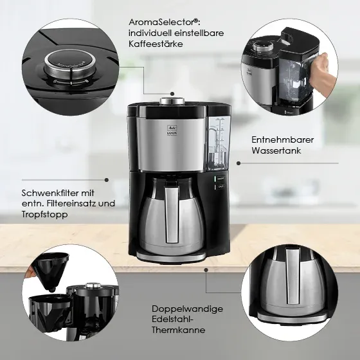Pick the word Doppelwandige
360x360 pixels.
pyautogui.click(x=187, y=309)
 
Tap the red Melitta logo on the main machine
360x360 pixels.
pyautogui.click(x=171, y=129)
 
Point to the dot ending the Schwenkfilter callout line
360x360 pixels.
pyautogui.click(x=106, y=181)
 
